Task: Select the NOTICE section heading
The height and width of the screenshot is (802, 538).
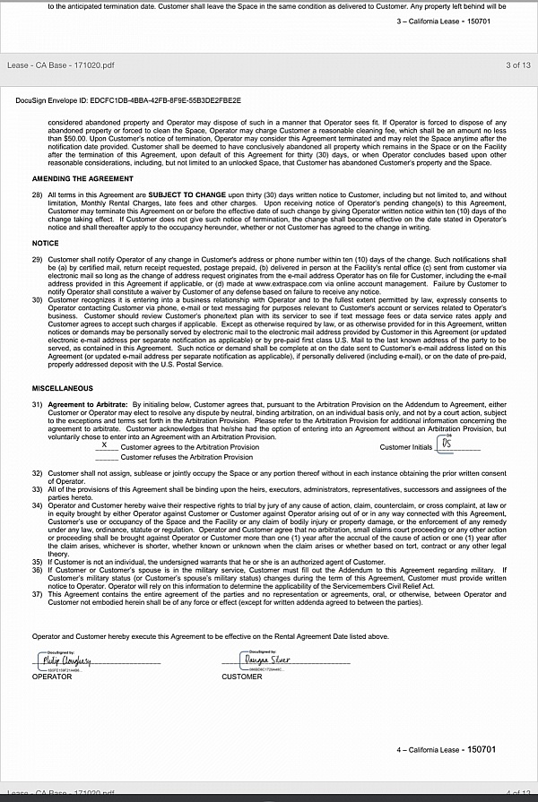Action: click(x=45, y=243)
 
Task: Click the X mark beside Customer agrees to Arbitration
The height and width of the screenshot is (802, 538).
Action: click(x=105, y=445)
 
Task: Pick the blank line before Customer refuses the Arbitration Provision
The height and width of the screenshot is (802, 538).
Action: click(x=107, y=457)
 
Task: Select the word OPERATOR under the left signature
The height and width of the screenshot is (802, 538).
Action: click(x=52, y=677)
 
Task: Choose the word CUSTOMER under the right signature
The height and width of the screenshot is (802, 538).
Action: click(x=242, y=677)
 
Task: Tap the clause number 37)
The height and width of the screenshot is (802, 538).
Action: click(x=37, y=592)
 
